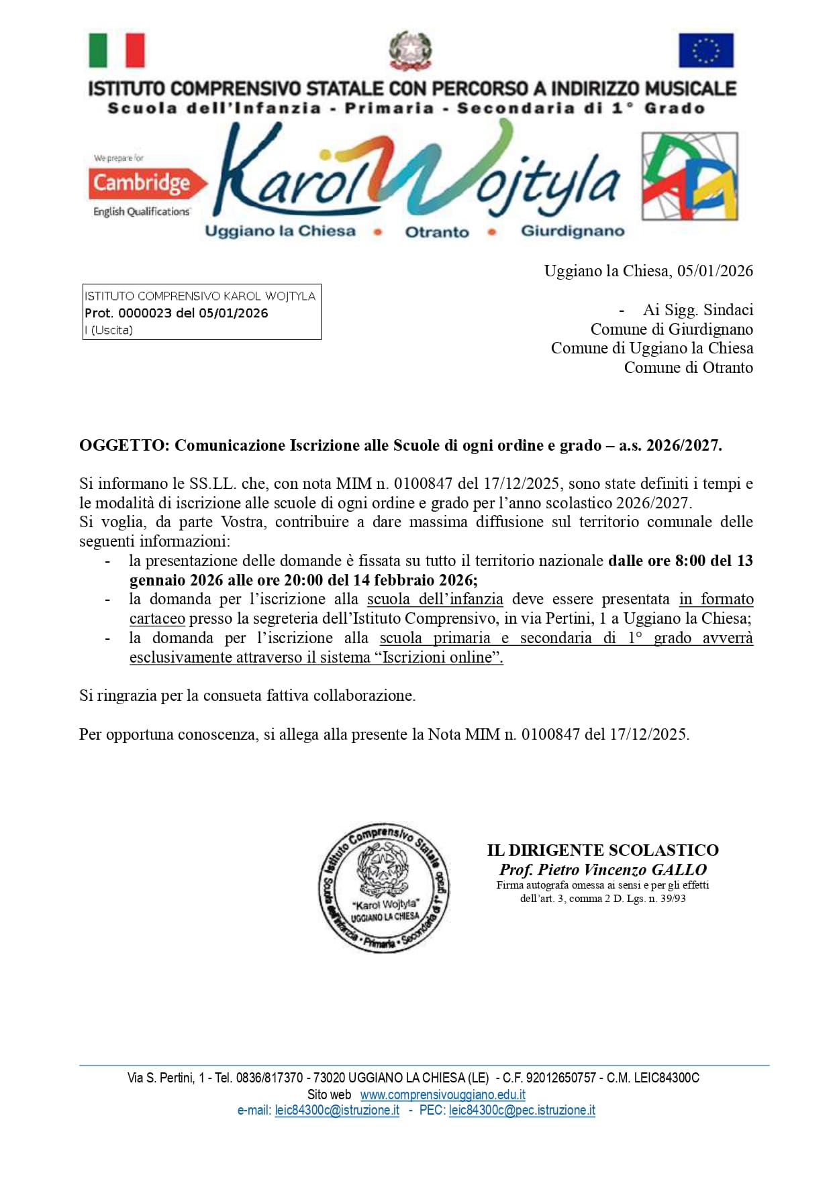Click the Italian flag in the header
117,50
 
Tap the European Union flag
705,50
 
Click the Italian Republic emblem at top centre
410,50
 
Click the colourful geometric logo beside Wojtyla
689,176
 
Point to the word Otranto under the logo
437,232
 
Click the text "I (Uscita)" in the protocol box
109,330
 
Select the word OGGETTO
124,445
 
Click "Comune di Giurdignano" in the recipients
671,329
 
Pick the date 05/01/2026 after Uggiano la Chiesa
715,271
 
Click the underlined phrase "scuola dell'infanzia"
435,599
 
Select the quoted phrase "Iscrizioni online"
442,657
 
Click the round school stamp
384,887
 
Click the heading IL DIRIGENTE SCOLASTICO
603,850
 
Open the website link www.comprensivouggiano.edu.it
442,1095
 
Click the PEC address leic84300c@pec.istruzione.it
522,1110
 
